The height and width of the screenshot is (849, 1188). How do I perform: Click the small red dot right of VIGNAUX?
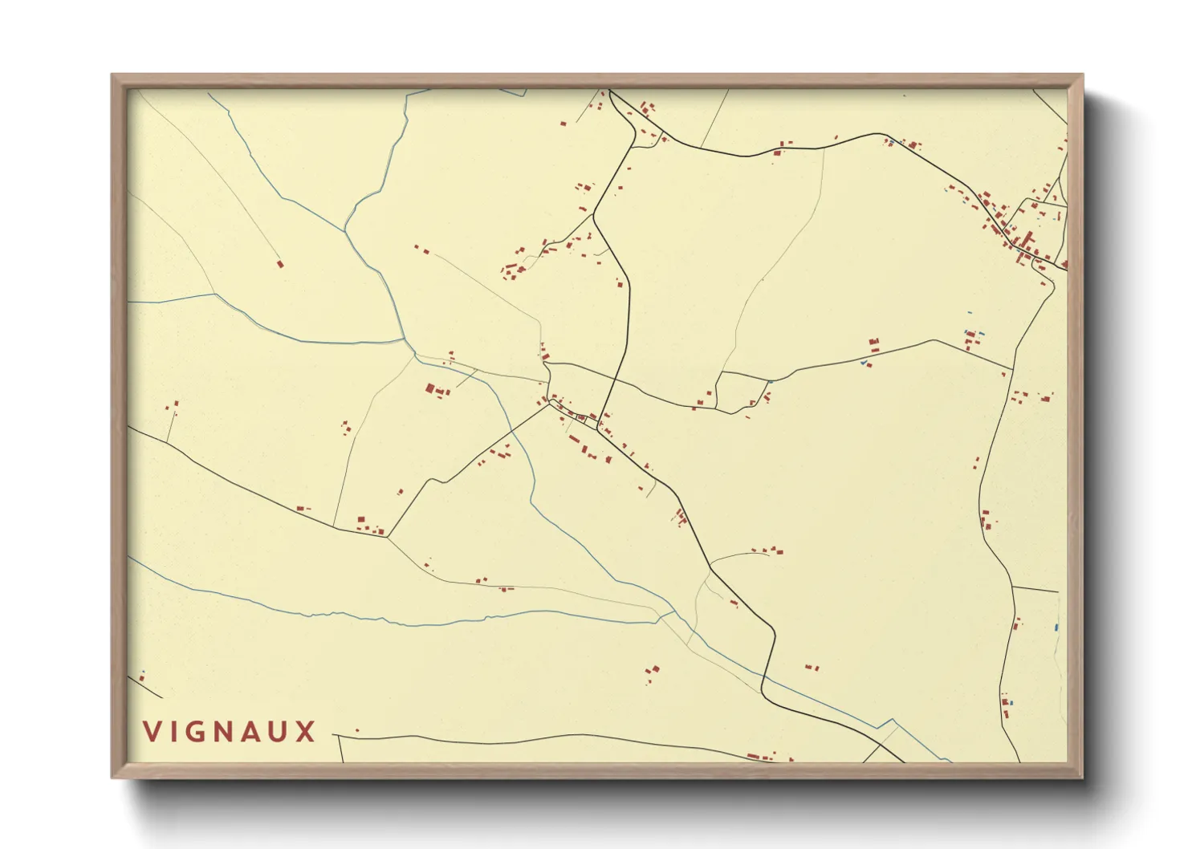357,730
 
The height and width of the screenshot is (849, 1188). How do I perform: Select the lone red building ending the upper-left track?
280,263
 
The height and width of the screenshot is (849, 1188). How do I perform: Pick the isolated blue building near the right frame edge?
1056,627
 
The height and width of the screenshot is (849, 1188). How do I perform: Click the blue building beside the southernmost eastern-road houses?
1011,703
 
